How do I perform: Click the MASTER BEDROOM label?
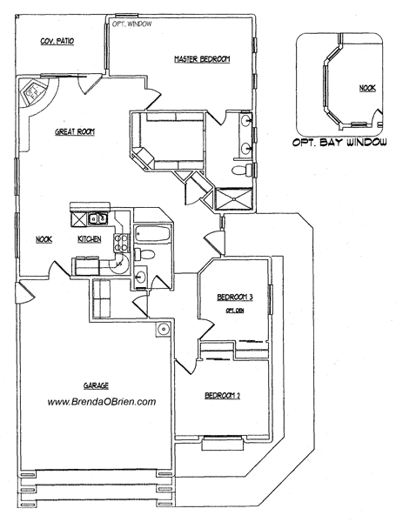(201, 59)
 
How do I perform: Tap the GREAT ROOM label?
(75, 131)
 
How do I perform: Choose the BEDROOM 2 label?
(222, 397)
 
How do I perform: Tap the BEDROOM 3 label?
(234, 298)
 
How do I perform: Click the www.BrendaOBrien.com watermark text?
(101, 402)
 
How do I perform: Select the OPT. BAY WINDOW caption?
(339, 143)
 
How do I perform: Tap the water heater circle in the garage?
(163, 330)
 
